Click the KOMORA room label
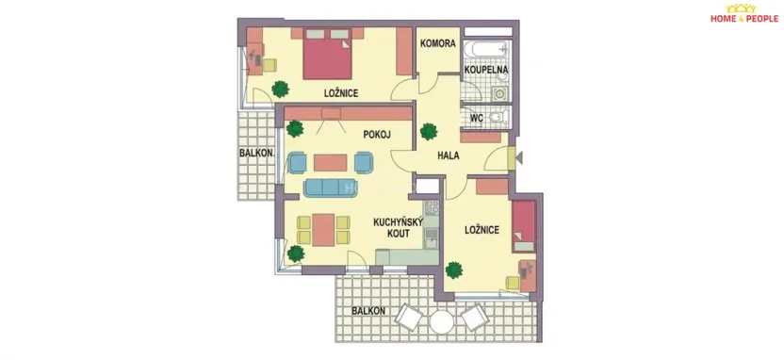(x=438, y=43)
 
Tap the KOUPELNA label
(x=486, y=70)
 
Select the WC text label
(x=476, y=119)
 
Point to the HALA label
(x=449, y=155)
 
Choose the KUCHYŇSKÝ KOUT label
(x=392, y=228)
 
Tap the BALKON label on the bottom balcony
(x=368, y=310)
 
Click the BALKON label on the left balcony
(x=256, y=153)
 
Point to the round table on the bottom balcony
(x=441, y=322)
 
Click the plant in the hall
(x=430, y=131)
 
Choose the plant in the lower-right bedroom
(x=454, y=270)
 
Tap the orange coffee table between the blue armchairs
(x=330, y=162)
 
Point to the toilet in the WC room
(x=498, y=118)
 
